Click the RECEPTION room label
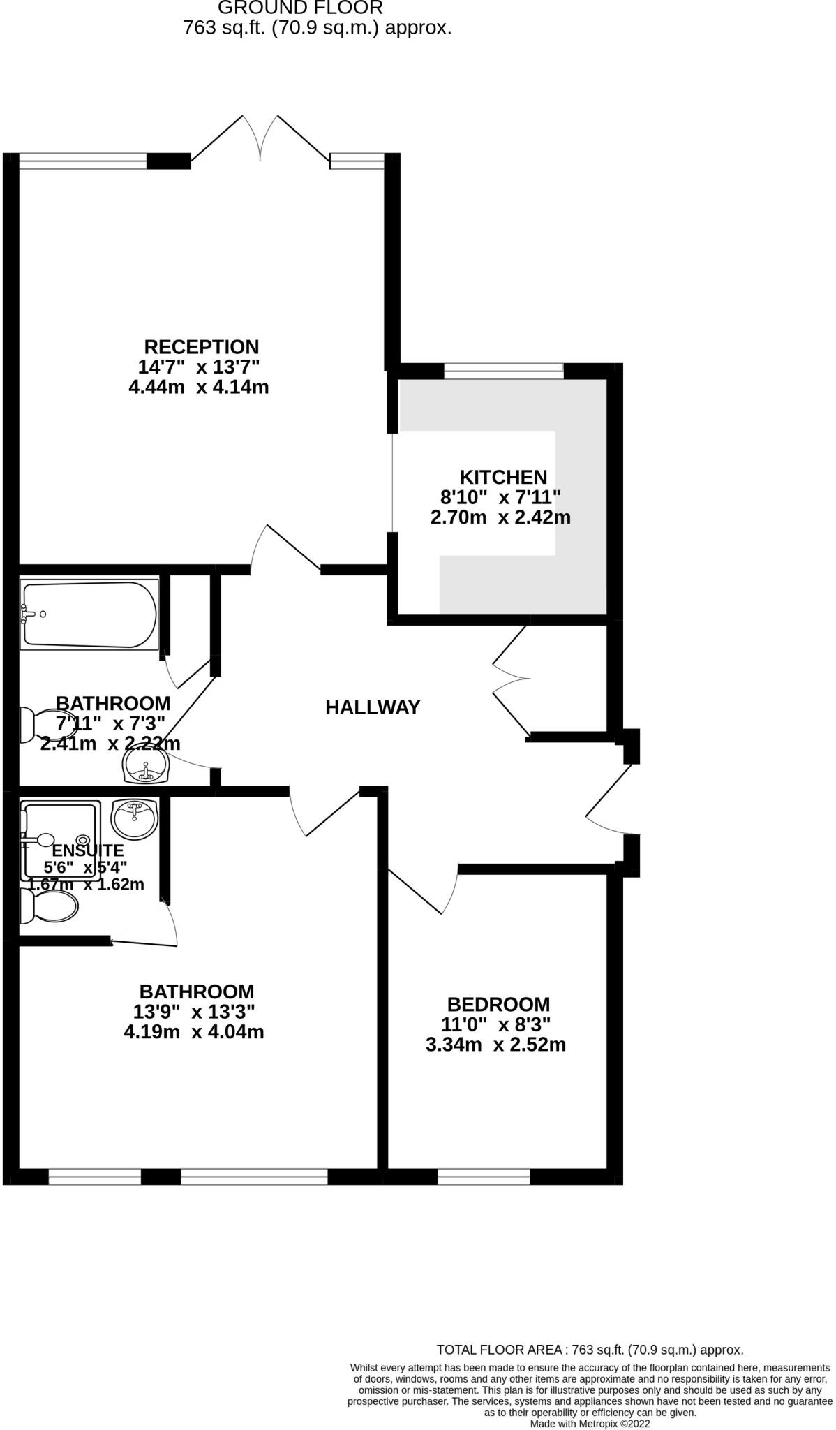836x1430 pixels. coord(201,347)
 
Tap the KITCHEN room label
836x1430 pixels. coord(502,478)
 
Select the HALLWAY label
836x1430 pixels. coord(373,707)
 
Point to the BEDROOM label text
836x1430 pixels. coord(498,1005)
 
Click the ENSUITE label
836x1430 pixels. coord(88,850)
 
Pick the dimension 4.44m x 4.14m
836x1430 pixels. coord(199,387)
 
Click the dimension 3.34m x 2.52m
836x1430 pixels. coord(495,1045)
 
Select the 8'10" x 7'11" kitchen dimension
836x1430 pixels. coord(500,498)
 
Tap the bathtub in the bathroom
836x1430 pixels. coord(89,614)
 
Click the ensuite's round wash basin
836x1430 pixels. coord(135,818)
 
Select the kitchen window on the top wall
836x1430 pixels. coord(503,371)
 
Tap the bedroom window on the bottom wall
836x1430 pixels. coord(484,1177)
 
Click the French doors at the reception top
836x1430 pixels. coord(260,140)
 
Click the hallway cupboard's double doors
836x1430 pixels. coord(512,680)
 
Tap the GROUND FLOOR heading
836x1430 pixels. coord(300,8)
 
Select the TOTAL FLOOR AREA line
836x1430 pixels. coord(590,1350)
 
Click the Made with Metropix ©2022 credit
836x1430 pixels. coord(590,1423)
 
